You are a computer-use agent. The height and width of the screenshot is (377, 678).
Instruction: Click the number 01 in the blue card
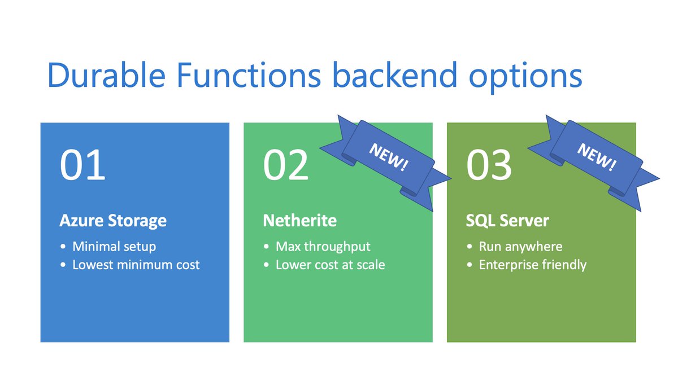[82, 164]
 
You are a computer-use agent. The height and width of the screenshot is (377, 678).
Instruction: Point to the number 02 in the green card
[286, 164]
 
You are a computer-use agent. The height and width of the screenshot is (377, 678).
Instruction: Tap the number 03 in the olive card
[489, 164]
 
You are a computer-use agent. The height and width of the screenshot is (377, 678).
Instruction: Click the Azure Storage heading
[113, 220]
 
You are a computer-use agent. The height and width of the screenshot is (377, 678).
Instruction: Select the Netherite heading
[299, 220]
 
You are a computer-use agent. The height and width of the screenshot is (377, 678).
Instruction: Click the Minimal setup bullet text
[114, 247]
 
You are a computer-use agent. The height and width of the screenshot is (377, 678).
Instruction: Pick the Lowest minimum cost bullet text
[136, 265]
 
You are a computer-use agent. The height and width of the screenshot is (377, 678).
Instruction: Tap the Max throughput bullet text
[323, 247]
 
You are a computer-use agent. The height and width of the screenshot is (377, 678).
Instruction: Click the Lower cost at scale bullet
[330, 265]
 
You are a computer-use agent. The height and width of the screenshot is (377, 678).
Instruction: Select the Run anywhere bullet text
[520, 247]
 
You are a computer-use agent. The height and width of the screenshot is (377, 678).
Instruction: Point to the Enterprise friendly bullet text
[532, 265]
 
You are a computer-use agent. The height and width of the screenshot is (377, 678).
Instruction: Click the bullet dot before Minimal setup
[63, 247]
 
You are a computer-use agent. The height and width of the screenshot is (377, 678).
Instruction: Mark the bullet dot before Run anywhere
[470, 247]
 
